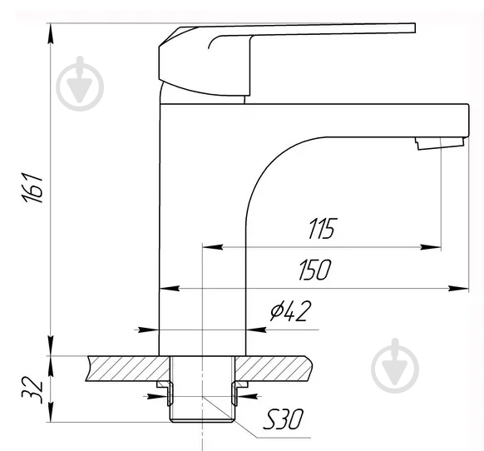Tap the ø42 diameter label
(289, 312)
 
